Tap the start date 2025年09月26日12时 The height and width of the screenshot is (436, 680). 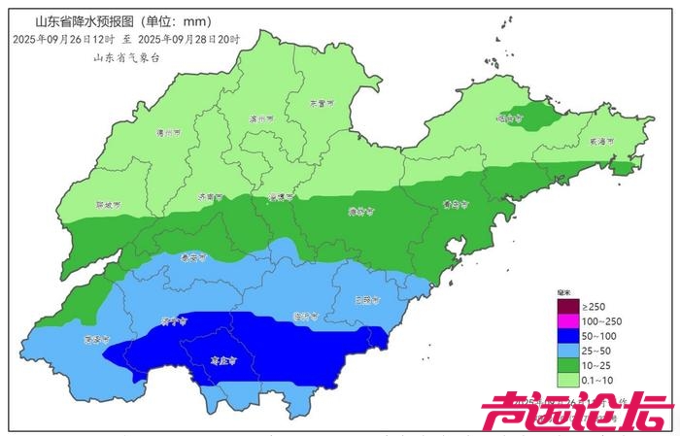tap(64, 40)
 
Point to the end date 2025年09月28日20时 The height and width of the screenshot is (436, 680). tap(189, 40)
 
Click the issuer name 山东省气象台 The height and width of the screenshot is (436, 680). tap(125, 57)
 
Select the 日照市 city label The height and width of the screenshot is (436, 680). tap(366, 300)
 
